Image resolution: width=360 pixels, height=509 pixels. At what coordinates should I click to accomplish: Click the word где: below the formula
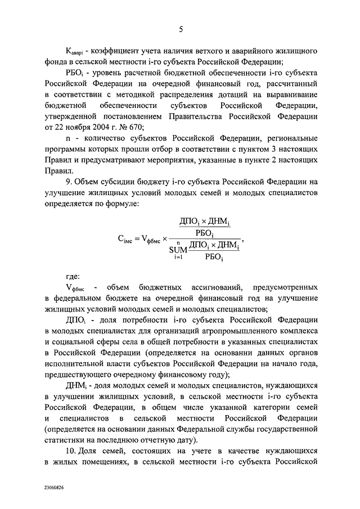73,276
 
